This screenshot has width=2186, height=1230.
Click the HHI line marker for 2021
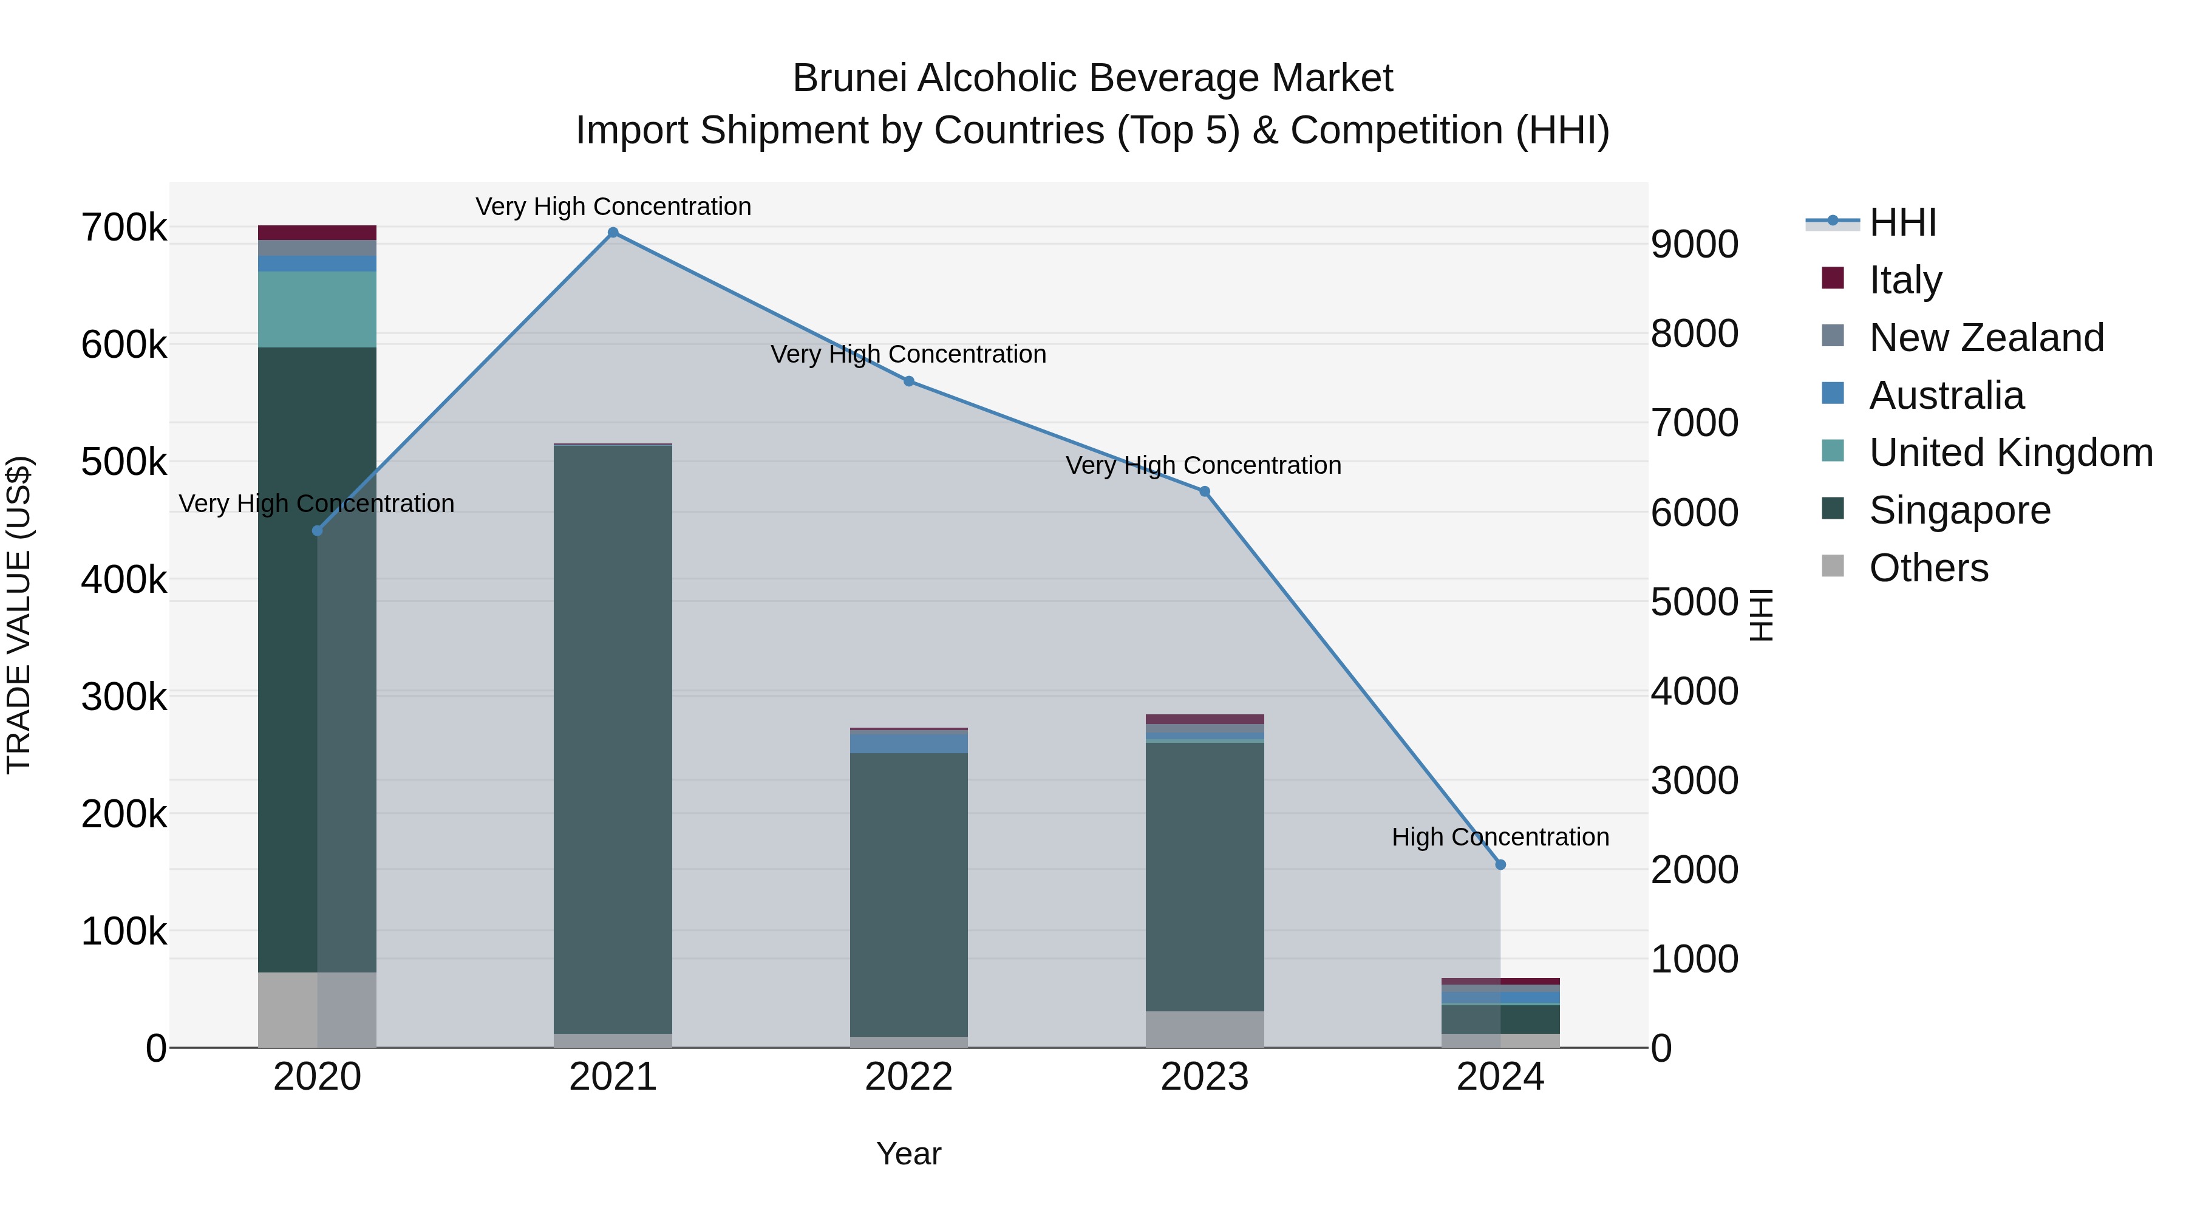click(x=613, y=233)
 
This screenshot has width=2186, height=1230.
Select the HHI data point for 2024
click(x=1500, y=865)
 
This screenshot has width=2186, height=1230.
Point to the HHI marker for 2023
click(x=1204, y=491)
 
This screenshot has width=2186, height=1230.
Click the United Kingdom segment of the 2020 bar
click(x=316, y=309)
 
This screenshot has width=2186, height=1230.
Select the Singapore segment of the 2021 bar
click(x=613, y=739)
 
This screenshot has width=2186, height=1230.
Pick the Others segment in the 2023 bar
click(x=1204, y=1029)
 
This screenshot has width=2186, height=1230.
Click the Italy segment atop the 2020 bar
click(x=316, y=233)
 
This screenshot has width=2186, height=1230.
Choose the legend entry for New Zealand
click(x=1986, y=338)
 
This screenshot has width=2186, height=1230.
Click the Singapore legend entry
click(x=1958, y=510)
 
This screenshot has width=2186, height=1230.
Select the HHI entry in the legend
click(x=1902, y=222)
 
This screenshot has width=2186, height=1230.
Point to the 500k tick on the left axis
click(x=124, y=463)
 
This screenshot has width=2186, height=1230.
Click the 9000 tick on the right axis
click(x=1694, y=244)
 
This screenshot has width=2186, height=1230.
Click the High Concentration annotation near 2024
click(x=1499, y=837)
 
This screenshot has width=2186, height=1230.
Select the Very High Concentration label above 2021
click(x=613, y=207)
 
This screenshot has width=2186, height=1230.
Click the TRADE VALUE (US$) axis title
click(x=19, y=615)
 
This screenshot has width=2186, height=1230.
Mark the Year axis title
click(x=908, y=1153)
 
